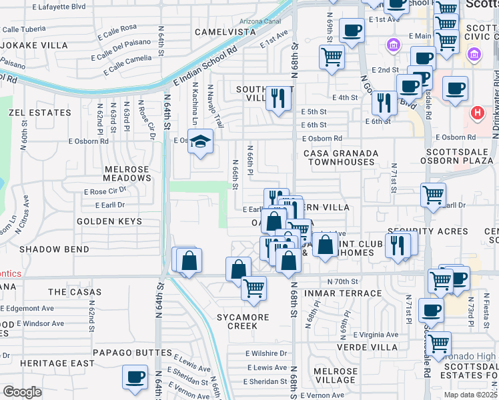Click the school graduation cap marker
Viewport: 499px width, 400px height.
(199, 141)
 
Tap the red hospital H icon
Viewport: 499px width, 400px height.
(477, 113)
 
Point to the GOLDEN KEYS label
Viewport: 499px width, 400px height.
(109, 221)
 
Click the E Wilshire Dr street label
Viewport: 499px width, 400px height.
(266, 353)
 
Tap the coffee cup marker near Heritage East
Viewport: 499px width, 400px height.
(135, 377)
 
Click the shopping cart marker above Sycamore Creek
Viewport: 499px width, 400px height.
(254, 288)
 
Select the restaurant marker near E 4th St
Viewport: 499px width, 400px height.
(278, 98)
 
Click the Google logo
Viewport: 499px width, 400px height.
(22, 392)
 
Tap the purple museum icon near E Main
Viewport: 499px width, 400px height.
(392, 45)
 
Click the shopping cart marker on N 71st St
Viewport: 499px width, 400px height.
(433, 195)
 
